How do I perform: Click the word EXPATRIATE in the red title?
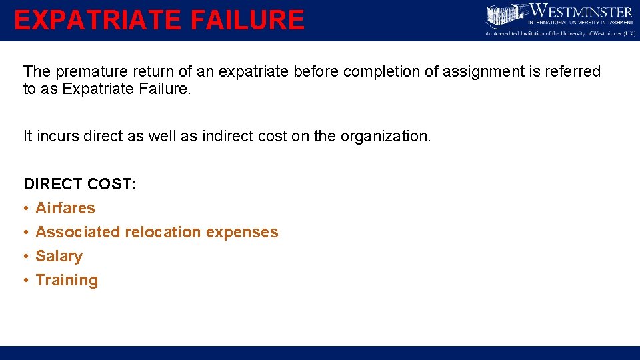click(97, 20)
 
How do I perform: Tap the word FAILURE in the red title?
click(247, 20)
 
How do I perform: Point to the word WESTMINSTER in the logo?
click(581, 11)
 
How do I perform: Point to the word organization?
click(386, 136)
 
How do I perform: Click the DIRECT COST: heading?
click(80, 184)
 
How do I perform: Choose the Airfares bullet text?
click(65, 208)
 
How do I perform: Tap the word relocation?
click(161, 232)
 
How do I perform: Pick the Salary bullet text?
click(59, 256)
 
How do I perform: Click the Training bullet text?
click(67, 280)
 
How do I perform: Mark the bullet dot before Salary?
click(25, 256)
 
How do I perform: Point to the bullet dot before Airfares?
click(25, 208)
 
